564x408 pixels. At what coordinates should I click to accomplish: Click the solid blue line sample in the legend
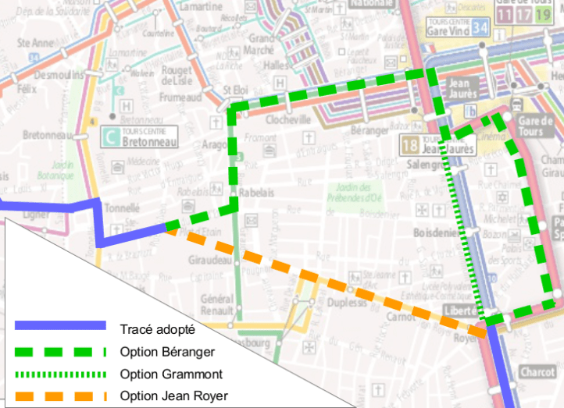[59, 325]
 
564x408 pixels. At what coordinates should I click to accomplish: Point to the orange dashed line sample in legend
[59, 396]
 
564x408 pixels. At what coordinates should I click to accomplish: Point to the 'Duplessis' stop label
[347, 302]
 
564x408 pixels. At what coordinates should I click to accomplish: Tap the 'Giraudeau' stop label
[210, 261]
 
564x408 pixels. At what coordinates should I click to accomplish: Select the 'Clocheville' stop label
[288, 121]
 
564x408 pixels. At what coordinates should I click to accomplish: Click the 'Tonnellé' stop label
[122, 208]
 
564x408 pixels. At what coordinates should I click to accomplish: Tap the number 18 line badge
[409, 144]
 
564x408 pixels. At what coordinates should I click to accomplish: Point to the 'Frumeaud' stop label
[180, 98]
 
